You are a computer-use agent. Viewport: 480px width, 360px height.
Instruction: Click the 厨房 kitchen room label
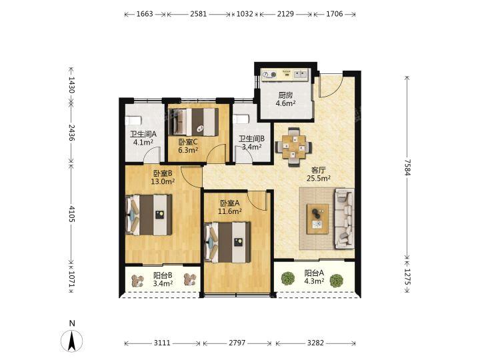[x=285, y=95]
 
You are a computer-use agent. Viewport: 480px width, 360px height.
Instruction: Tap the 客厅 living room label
[x=319, y=170]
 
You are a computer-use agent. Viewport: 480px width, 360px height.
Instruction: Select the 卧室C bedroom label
[x=188, y=142]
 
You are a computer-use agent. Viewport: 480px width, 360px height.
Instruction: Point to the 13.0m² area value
[x=163, y=181]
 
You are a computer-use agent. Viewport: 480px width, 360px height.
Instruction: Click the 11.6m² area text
[x=229, y=211]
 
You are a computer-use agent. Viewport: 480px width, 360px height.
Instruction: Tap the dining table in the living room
[x=294, y=147]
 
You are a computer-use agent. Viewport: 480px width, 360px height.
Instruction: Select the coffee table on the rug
[x=318, y=219]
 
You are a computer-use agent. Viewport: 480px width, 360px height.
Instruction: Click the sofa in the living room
[x=345, y=218]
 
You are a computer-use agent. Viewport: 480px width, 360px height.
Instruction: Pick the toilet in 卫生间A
[x=133, y=120]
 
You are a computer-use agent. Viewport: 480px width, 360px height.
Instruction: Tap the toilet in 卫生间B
[x=241, y=119]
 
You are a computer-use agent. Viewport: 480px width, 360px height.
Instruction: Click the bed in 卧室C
[x=193, y=122]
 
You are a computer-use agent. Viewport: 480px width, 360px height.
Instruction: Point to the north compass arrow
[x=72, y=341]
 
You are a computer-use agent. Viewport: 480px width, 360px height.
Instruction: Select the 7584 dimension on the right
[x=407, y=167]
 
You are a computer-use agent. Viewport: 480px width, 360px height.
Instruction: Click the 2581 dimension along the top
[x=199, y=14]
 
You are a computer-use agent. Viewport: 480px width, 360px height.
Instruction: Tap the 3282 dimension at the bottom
[x=315, y=343]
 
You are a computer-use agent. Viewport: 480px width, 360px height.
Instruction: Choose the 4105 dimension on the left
[x=71, y=214]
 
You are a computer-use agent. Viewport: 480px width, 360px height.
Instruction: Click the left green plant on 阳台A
[x=288, y=279]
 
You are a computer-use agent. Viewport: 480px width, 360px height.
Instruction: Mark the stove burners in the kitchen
[x=269, y=75]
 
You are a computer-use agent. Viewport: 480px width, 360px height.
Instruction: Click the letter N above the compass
[x=72, y=323]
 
